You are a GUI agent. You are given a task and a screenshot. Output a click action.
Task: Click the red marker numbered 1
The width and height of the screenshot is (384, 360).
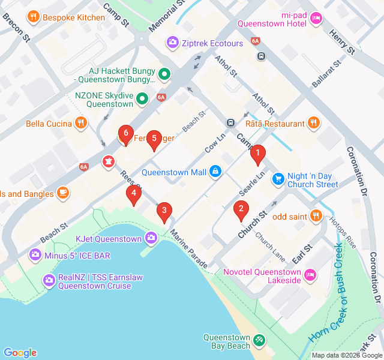coord(258,155)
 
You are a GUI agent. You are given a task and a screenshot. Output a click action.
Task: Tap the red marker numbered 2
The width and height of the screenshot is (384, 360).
coord(241,209)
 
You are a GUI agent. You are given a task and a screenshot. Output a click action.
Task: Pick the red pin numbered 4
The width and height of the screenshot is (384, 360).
coord(134,194)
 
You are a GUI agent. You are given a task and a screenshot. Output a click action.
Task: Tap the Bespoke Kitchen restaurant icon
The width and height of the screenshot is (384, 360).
coord(34,17)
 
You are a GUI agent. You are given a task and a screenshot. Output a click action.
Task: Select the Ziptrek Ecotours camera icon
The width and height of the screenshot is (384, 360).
coord(173,43)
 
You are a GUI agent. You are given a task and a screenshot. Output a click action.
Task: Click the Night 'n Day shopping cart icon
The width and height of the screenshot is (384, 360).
coord(278,179)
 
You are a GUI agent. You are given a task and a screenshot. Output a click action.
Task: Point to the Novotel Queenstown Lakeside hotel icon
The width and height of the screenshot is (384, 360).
coord(310,275)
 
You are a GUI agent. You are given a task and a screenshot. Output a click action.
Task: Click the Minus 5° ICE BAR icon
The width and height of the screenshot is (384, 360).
coord(35,256)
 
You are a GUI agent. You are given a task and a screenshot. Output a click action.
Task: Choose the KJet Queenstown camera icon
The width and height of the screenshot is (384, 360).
coord(151,239)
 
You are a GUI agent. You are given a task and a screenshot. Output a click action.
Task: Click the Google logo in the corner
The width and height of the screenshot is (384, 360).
coord(20,353)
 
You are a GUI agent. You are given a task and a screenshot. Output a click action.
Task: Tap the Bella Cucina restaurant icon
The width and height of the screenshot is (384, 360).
coord(82,124)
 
